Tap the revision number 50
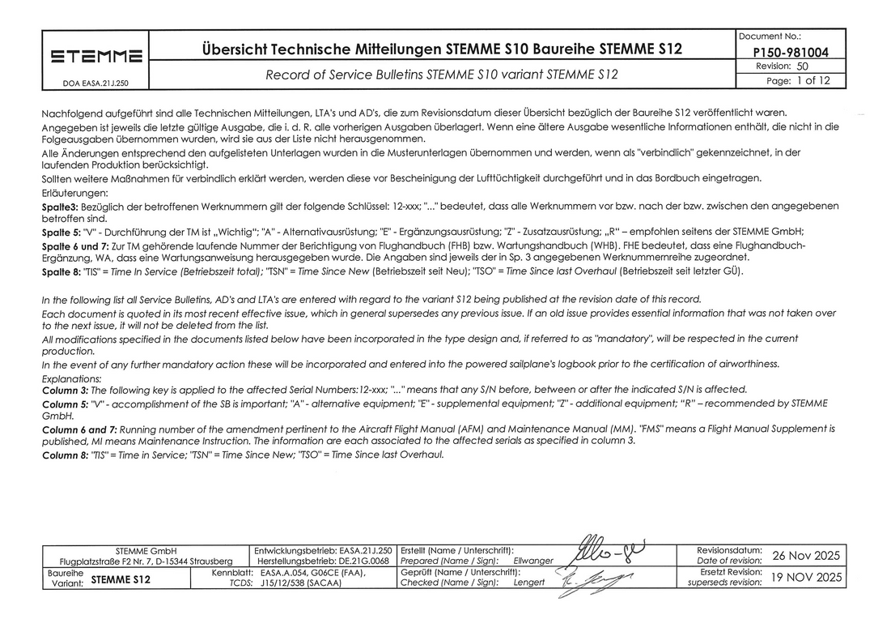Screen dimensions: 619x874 [x=802, y=66]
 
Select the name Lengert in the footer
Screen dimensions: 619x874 [x=529, y=583]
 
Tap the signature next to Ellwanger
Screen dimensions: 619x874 [x=607, y=554]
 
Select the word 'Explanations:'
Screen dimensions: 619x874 [x=72, y=378]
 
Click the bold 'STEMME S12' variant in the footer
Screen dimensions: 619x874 [x=121, y=580]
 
